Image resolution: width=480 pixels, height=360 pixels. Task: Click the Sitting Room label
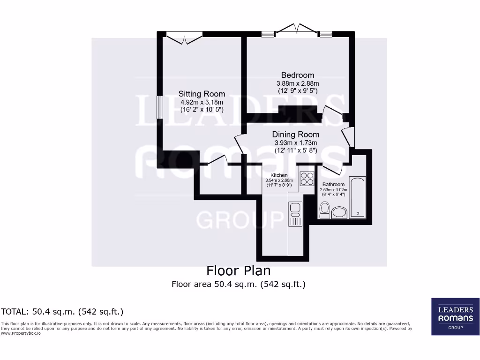pos(202,94)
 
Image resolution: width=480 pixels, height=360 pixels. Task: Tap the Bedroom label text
pos(298,75)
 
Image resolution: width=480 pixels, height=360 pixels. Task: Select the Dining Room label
pos(296,135)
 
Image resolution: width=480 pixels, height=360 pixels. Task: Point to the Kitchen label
pos(279,175)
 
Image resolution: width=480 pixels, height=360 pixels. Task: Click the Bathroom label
pos(333,184)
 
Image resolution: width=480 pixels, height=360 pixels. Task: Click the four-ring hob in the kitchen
pos(307,179)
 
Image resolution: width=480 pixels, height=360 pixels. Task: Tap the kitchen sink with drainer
pos(295,214)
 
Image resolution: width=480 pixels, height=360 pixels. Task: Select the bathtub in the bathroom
pos(358,197)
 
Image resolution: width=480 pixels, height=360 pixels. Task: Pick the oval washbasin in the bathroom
pos(339,212)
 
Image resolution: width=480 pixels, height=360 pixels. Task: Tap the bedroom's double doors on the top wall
pos(297,28)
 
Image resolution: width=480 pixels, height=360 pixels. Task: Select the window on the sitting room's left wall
pos(159,107)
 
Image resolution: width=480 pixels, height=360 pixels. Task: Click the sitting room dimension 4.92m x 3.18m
pos(202,102)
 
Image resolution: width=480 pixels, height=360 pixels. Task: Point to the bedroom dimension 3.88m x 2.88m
pos(298,83)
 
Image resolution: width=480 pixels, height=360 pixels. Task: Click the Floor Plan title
pos(239,270)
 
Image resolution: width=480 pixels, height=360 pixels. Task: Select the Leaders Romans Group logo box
pos(456,316)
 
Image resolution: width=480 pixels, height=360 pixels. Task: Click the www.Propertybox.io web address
pos(21,333)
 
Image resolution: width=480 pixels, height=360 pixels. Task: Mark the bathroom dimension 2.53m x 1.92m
pos(333,190)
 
